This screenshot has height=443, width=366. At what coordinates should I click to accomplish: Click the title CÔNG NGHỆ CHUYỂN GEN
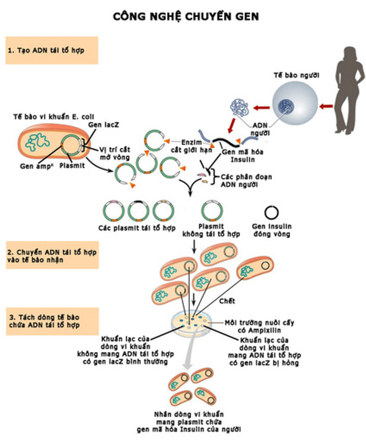[x=186, y=16]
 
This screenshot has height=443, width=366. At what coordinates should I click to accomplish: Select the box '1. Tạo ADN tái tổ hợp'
[x=52, y=50]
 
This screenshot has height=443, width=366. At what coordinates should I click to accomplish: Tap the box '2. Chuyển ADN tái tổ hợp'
[x=52, y=256]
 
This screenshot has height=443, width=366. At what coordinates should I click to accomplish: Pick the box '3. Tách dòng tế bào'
[x=52, y=321]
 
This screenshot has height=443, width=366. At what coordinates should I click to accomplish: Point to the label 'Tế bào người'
[x=296, y=75]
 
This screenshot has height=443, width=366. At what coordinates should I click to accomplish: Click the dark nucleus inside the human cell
[x=286, y=105]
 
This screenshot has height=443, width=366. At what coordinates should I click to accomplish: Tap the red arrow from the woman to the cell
[x=326, y=106]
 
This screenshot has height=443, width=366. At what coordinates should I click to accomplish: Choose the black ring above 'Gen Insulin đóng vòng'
[x=272, y=213]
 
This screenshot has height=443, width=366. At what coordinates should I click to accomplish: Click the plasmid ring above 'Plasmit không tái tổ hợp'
[x=212, y=211]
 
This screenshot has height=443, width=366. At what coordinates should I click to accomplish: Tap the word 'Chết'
[x=227, y=301]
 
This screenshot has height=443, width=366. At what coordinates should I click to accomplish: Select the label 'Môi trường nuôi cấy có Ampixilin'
[x=259, y=326]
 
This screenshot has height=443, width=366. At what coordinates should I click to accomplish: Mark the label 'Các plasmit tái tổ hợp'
[x=137, y=228]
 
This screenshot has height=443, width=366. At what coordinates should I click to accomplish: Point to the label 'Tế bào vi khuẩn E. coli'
[x=53, y=117]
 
